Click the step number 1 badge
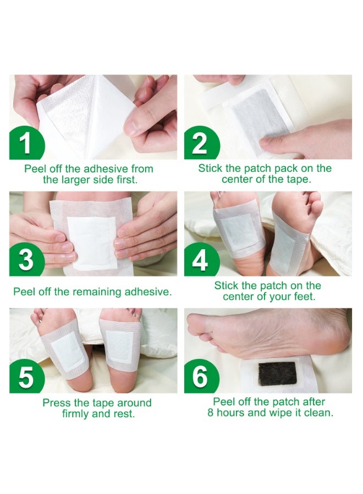[25, 144]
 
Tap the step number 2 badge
[200, 144]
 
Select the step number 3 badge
[25, 260]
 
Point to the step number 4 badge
[200, 260]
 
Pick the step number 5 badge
[25, 378]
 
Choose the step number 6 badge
[200, 378]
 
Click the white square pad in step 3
[94, 242]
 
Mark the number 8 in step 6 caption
[211, 413]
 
